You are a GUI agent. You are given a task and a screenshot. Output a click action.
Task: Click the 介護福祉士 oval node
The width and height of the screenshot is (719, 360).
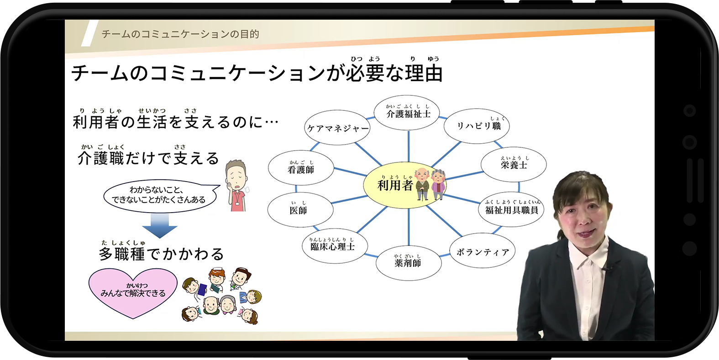tap(408, 113)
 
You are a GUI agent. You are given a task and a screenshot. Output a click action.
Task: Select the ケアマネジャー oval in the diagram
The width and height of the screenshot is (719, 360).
tap(337, 128)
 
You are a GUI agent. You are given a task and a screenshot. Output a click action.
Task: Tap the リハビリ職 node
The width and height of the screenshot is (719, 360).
tap(477, 126)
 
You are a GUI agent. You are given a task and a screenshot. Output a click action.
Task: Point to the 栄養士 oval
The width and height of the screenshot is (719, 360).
tap(514, 165)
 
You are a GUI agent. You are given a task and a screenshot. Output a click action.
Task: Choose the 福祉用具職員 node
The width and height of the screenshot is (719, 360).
tap(512, 209)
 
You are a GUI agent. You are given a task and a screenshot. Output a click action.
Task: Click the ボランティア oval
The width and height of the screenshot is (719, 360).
tap(483, 250)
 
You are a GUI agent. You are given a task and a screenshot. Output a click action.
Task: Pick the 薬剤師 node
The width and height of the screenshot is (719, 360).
tap(408, 263)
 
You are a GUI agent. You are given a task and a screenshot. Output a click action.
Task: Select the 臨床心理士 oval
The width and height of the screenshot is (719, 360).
tap(335, 246)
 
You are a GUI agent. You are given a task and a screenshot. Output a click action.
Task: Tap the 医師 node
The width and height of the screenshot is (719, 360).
tap(300, 210)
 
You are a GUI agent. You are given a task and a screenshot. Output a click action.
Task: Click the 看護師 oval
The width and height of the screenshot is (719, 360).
tap(301, 168)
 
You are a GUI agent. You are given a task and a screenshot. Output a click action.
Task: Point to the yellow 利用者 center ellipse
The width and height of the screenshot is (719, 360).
tap(404, 185)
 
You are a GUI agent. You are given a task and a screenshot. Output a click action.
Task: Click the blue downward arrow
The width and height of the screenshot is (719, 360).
tap(159, 225)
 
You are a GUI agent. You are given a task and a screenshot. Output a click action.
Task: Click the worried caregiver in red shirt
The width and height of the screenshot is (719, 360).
tap(237, 185)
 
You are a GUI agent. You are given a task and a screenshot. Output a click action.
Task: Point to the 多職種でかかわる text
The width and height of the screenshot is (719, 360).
tap(162, 254)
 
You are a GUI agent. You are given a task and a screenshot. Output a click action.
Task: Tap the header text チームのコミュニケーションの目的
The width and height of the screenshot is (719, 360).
tap(180, 34)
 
